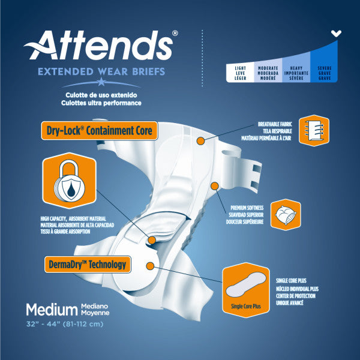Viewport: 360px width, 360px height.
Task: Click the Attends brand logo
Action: pos(101,45)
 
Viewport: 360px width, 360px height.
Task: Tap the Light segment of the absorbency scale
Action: pos(240,73)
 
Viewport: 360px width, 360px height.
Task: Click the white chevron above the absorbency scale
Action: pos(336,34)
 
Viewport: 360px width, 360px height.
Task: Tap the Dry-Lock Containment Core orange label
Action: pos(100,131)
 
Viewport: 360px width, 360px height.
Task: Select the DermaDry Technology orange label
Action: pos(88,265)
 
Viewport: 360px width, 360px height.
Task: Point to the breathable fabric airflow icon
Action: pos(314,130)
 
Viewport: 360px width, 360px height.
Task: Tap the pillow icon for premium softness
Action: pos(286,215)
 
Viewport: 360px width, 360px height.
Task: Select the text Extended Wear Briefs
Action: pos(101,71)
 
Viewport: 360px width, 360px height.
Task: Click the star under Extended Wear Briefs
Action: pos(101,82)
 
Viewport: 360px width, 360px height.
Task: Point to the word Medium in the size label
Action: pos(52,310)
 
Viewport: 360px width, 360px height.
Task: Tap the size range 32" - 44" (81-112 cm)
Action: pos(65,324)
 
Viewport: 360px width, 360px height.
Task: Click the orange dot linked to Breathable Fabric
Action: pos(200,141)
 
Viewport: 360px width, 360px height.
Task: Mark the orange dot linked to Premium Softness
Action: pos(214,186)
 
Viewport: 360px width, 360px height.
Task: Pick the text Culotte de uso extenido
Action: pos(101,95)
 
